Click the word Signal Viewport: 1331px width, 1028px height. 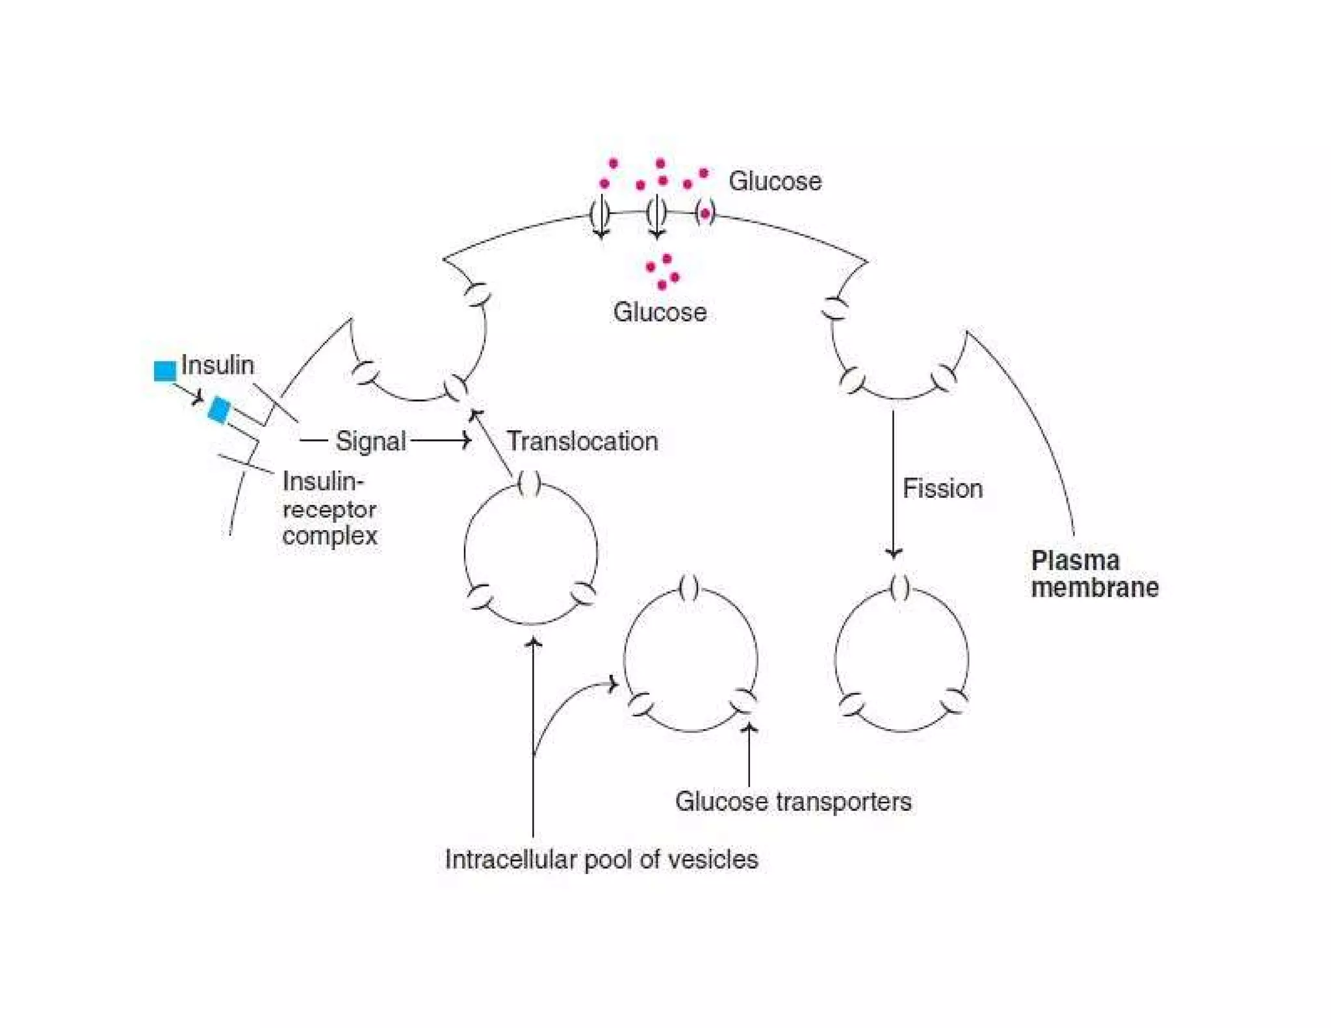coord(370,441)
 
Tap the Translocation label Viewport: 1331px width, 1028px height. coord(582,441)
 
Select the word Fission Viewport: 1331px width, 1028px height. coord(942,489)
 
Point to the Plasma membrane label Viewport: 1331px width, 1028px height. coord(1094,574)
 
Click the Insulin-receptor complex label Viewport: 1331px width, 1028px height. coord(330,509)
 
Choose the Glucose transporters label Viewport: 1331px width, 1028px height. coord(793,801)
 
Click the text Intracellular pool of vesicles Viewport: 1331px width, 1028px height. coord(601,859)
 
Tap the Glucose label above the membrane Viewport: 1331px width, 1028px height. coord(775,181)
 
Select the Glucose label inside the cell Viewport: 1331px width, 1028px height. coord(660,313)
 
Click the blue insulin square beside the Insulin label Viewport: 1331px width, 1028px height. coord(165,371)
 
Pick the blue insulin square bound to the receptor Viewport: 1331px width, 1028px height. coord(219,410)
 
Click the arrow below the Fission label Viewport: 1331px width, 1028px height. coord(894,494)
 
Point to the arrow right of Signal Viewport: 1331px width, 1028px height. coord(442,441)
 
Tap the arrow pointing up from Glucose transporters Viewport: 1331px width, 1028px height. coord(749,754)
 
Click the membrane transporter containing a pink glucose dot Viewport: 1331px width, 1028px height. coord(705,213)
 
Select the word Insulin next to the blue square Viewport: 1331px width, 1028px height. coord(217,365)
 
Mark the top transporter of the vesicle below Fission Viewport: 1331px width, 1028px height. coord(900,588)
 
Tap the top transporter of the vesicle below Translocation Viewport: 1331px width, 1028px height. coord(530,483)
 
